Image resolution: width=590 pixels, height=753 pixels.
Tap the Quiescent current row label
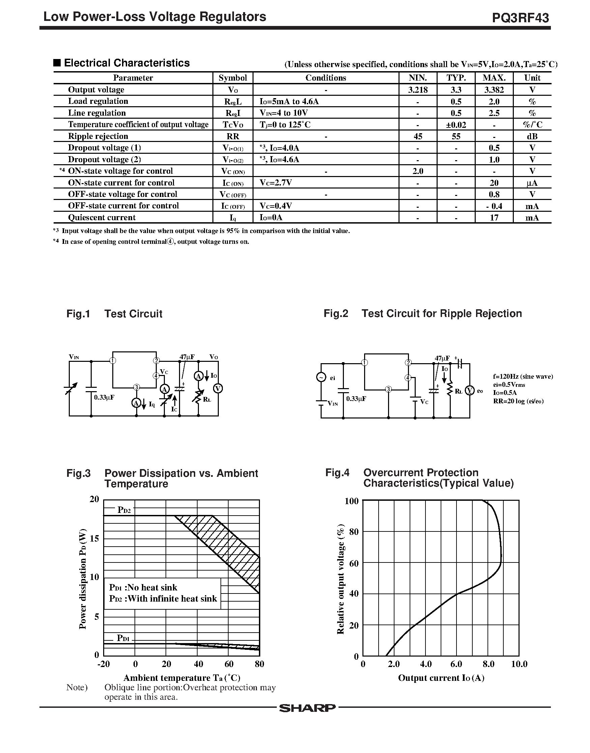click(101, 218)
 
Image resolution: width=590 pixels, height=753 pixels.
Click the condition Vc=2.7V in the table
click(276, 183)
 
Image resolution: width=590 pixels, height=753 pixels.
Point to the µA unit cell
click(532, 183)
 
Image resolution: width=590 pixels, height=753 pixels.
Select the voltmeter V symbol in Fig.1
click(217, 388)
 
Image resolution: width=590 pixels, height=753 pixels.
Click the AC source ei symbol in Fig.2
click(321, 378)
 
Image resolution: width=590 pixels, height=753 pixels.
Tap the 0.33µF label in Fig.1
click(104, 398)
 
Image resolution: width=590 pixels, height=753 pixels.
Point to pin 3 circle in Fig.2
click(389, 389)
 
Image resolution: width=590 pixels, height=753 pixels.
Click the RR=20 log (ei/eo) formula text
click(518, 401)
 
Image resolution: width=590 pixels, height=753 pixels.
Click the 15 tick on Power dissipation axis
click(94, 539)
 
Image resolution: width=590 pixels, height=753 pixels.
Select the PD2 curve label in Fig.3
click(124, 510)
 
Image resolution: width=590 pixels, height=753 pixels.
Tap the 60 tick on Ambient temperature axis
click(229, 664)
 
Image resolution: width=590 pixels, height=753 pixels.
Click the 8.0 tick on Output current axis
click(488, 664)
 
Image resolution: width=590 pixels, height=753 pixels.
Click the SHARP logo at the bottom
click(307, 708)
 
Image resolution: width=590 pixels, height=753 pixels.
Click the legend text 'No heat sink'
click(152, 587)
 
